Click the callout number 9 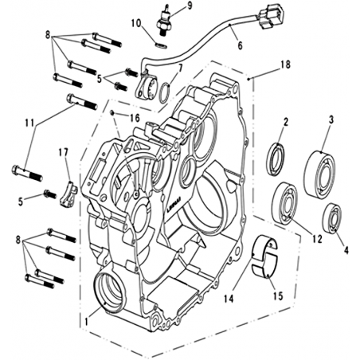point(189,6)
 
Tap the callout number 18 point(285,65)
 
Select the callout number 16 point(135,118)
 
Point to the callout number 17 point(64,152)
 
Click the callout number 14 point(229,299)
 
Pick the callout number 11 point(29,123)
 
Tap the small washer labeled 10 point(161,45)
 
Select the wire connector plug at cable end point(268,16)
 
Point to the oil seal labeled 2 point(276,159)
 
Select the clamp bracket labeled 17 point(68,194)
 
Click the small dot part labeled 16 point(112,113)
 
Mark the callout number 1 point(86,322)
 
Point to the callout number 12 point(317,239)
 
